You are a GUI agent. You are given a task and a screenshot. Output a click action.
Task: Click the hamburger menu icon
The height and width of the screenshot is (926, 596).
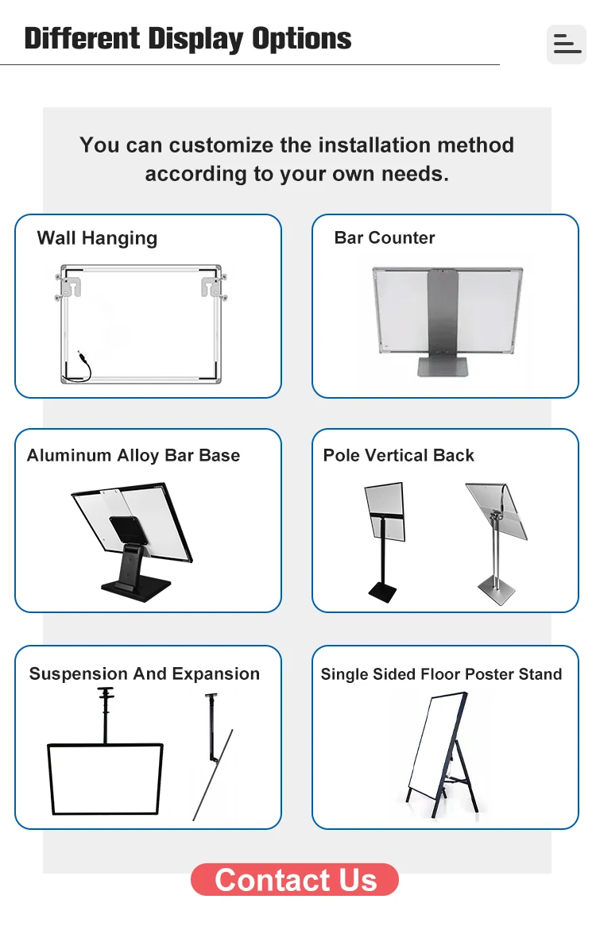567,44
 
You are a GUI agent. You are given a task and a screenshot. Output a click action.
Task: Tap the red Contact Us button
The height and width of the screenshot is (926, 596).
295,880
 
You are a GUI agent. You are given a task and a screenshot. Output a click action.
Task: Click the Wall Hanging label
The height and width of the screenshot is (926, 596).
97,238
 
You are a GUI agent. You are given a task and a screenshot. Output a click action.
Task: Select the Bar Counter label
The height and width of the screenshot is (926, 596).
385,237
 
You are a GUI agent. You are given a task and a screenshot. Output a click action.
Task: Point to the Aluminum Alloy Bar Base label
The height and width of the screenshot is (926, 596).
134,456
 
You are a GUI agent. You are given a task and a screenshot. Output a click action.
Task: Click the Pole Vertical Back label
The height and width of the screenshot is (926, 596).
398,456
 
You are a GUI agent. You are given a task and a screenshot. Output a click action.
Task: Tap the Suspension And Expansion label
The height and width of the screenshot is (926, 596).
145,674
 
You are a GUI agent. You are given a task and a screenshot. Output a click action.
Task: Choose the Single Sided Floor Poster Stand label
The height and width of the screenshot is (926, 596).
441,674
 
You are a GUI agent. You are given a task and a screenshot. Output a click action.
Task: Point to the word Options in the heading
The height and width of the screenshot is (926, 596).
302,38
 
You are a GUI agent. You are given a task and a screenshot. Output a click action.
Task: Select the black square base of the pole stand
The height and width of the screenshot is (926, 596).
382,592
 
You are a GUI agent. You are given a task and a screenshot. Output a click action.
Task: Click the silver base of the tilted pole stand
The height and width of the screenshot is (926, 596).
496,592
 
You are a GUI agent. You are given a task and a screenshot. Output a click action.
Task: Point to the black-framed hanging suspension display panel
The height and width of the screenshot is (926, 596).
105,778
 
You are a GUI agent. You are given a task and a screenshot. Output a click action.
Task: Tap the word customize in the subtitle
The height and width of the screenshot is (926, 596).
221,145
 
